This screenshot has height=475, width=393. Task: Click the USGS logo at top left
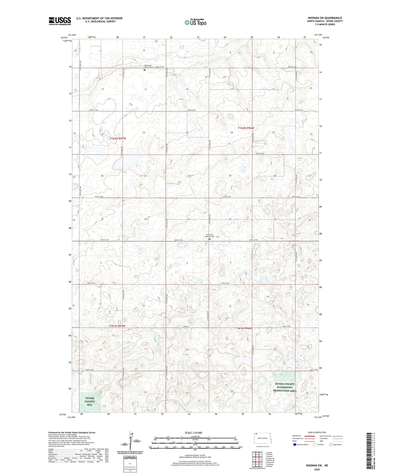(x=60, y=21)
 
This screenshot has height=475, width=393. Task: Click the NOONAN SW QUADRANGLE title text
(x=325, y=18)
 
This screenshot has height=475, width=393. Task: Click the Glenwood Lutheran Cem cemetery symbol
(x=209, y=239)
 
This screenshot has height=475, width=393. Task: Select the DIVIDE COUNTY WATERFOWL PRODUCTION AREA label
(x=285, y=387)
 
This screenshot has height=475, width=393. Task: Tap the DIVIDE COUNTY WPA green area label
(x=90, y=401)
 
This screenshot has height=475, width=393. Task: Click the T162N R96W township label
(x=246, y=128)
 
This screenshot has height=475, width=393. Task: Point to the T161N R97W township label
(x=117, y=326)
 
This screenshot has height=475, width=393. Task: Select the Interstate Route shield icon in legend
(x=295, y=445)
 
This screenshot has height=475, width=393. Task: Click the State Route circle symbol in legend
(x=331, y=445)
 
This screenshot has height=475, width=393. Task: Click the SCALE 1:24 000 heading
(x=193, y=433)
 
